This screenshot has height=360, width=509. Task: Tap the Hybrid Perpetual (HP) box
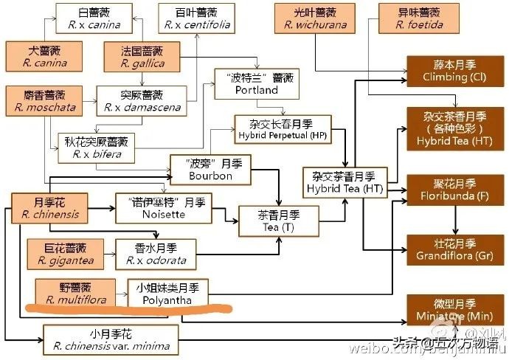click(283, 129)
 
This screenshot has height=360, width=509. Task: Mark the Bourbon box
click(212, 169)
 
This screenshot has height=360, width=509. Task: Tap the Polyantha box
click(169, 293)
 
